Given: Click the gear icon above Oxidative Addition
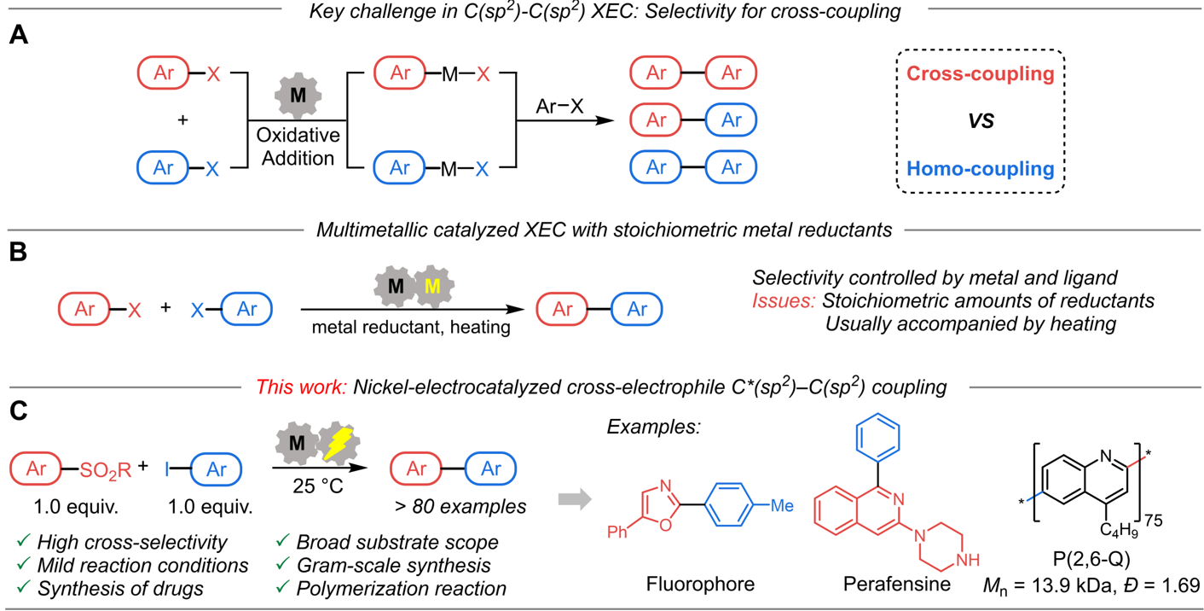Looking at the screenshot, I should (x=298, y=96).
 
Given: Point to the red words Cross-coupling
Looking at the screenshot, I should (x=980, y=73).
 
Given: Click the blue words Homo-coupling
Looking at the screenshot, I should (x=980, y=169).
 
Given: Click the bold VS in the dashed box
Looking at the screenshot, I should (x=981, y=121).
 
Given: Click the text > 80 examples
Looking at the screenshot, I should (x=460, y=506).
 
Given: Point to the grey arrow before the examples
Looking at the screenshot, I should (x=574, y=499).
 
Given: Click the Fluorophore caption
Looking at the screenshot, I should (x=700, y=585).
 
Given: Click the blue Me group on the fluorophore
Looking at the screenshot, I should (x=782, y=506).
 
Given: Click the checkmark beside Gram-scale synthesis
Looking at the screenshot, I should (x=282, y=565).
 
